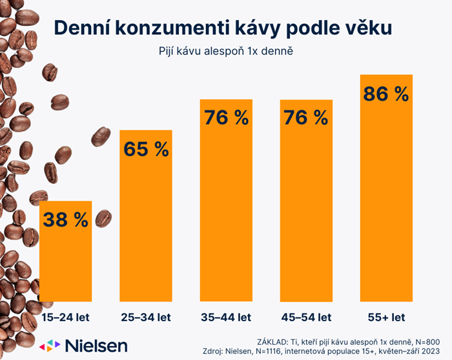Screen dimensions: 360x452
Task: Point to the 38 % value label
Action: pos(66,220)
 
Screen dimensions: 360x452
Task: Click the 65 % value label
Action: pos(146,150)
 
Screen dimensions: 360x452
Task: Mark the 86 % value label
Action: pos(386,94)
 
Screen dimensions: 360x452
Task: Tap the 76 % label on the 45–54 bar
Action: pos(305,118)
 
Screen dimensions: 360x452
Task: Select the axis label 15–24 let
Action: pos(66,317)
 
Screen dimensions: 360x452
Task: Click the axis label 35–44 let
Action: pos(226,317)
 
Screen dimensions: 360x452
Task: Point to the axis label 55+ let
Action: pos(386,317)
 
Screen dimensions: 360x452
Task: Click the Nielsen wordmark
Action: pos(96,345)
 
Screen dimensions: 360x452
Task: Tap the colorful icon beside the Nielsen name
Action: pos(50,345)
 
